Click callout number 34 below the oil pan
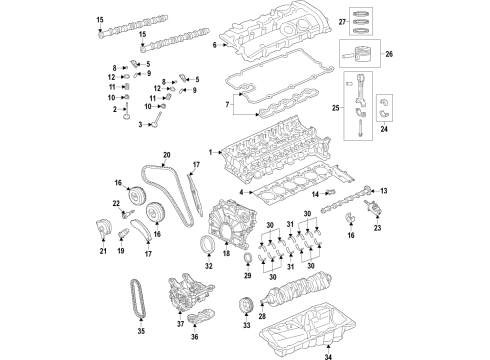(x=329, y=352)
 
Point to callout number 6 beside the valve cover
(x=214, y=45)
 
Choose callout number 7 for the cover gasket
(x=226, y=102)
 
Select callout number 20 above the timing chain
(x=167, y=155)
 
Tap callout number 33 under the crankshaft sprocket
(x=246, y=326)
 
